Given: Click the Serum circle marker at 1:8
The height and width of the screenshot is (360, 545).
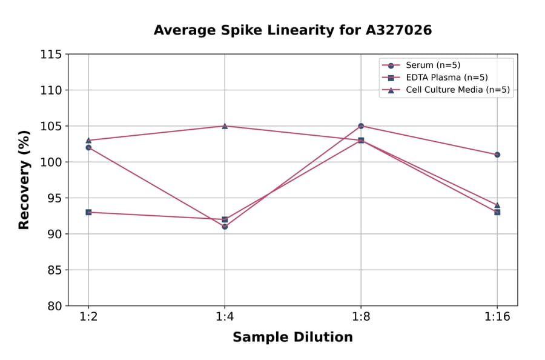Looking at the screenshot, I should pos(361,126).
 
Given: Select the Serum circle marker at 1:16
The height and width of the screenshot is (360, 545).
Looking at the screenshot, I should pos(497,155).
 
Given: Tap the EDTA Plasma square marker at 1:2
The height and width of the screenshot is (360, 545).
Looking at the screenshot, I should pos(88,212).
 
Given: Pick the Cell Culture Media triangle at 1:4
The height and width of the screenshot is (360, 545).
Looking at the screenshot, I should pos(225,126).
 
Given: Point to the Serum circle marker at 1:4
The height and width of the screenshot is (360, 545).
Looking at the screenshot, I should pos(225,227).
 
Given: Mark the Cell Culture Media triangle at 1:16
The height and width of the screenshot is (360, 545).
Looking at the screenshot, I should pos(497,205).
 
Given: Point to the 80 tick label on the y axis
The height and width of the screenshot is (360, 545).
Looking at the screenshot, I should pos(54,306).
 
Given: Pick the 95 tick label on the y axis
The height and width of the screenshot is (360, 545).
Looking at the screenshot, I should pos(54,198).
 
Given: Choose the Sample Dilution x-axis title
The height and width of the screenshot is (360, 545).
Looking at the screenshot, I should pos(292,338).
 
